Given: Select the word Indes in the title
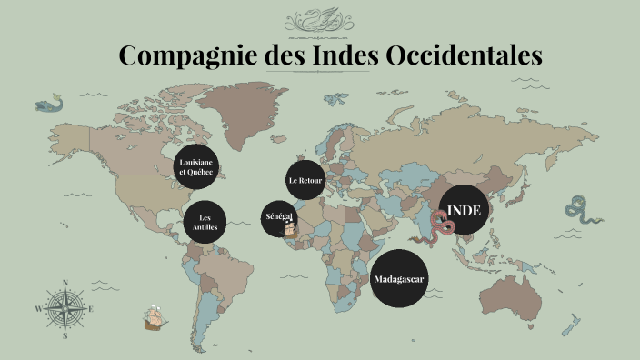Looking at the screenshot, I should point(346,55).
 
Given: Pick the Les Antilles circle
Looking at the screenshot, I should point(205,222).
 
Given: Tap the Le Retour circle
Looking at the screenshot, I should point(305,180).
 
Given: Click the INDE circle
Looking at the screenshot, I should point(464,211).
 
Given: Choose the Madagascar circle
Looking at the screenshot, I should point(400,277).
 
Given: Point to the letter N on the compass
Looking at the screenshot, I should point(65,283).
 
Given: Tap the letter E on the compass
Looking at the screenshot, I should point(91,309).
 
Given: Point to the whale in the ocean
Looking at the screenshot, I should point(50,105).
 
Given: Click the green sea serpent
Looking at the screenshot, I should point(578,210).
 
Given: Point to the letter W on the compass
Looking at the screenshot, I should point(38,309).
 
